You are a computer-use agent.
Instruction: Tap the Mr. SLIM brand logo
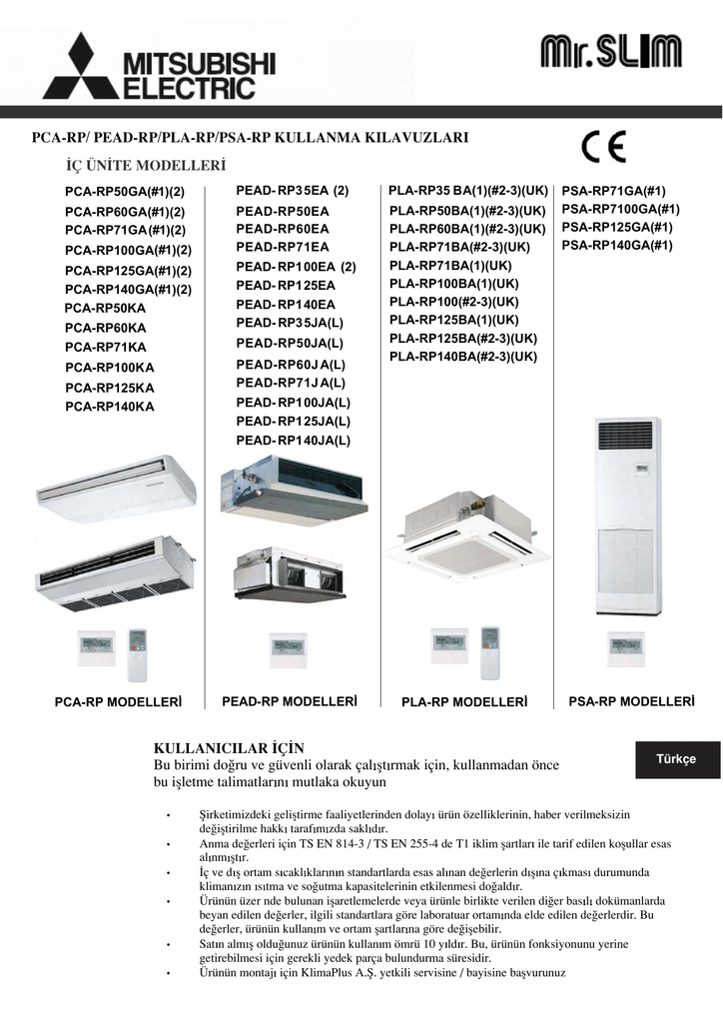(x=610, y=52)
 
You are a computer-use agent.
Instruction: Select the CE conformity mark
(x=604, y=149)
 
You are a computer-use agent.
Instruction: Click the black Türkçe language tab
(x=675, y=759)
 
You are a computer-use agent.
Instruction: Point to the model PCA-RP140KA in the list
(x=110, y=407)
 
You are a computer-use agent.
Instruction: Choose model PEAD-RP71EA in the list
(x=283, y=247)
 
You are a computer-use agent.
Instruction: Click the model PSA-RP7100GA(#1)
(x=620, y=209)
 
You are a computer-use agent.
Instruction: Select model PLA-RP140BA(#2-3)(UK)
(x=463, y=357)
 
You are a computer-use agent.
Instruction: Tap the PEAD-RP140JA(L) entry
(x=294, y=440)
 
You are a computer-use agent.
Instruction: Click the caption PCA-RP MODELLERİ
(x=118, y=703)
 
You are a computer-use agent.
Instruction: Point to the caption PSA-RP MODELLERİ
(x=631, y=701)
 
